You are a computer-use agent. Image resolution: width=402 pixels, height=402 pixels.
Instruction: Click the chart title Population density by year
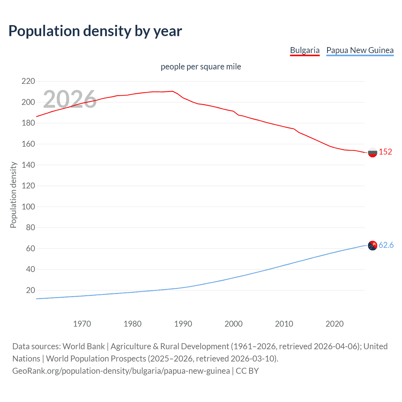[95, 31]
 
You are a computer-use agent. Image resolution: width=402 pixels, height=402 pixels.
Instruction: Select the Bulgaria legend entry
[305, 50]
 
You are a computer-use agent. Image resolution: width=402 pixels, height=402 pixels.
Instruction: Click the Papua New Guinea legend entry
[360, 50]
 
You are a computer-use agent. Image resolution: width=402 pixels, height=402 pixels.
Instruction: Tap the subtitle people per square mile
[201, 67]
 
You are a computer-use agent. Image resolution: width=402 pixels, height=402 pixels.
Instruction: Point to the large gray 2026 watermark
[70, 99]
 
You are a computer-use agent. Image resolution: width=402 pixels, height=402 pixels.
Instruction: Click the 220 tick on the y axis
[28, 81]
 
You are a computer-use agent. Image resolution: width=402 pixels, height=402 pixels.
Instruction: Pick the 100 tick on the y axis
[28, 207]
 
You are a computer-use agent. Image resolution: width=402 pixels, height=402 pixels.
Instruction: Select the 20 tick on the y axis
[30, 290]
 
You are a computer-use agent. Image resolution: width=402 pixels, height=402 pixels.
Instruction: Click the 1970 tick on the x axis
[82, 324]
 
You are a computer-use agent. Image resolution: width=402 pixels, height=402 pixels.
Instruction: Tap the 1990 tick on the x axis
[183, 324]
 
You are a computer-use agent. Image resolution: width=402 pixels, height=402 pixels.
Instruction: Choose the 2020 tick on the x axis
[334, 324]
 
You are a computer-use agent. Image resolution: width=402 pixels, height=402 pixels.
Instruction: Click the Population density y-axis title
[13, 195]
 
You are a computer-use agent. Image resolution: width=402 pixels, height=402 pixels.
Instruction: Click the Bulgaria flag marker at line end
[372, 152]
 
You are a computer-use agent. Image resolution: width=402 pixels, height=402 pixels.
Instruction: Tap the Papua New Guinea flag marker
[372, 245]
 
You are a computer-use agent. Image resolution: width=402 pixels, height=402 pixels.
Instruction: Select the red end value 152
[385, 152]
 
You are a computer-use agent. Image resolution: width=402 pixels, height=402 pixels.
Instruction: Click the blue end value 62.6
[386, 245]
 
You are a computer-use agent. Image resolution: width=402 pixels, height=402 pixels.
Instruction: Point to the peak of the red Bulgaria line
[172, 91]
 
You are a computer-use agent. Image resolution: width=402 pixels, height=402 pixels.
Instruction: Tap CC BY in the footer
[247, 371]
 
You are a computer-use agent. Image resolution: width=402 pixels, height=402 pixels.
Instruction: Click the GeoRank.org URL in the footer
[121, 371]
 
